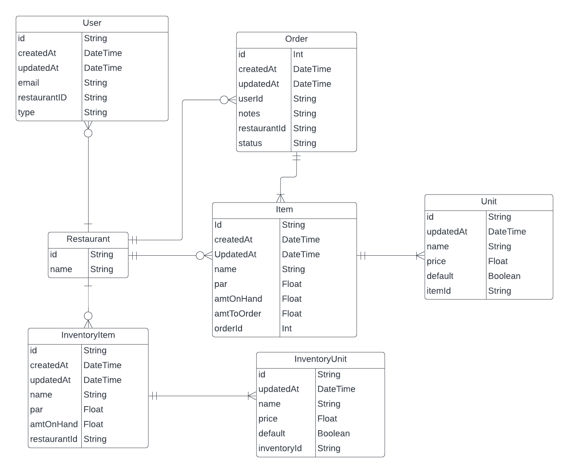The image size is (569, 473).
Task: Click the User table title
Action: tap(92, 23)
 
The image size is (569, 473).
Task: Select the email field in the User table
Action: tap(28, 83)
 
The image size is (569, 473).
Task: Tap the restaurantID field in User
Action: tap(42, 98)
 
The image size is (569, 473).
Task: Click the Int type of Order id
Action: tap(298, 54)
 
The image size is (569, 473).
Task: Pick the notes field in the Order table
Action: tap(249, 114)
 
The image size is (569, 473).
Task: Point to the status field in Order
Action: tap(250, 143)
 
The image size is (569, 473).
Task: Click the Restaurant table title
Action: tap(88, 239)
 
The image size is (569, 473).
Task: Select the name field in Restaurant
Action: tap(61, 269)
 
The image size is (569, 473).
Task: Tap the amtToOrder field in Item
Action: tap(238, 314)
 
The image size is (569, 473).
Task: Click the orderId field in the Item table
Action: tap(228, 329)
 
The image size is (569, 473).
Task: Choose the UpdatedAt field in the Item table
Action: tap(235, 255)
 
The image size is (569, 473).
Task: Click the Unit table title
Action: tap(488, 202)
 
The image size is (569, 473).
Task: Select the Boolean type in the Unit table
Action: tap(504, 276)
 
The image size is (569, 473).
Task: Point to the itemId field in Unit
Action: tap(438, 291)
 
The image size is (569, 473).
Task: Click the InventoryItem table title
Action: tap(88, 335)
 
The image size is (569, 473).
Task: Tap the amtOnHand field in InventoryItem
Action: tap(54, 424)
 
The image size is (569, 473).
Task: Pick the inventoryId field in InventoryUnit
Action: tap(280, 448)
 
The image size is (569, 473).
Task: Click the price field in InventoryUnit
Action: tap(268, 419)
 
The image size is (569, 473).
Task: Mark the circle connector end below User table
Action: tap(88, 133)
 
